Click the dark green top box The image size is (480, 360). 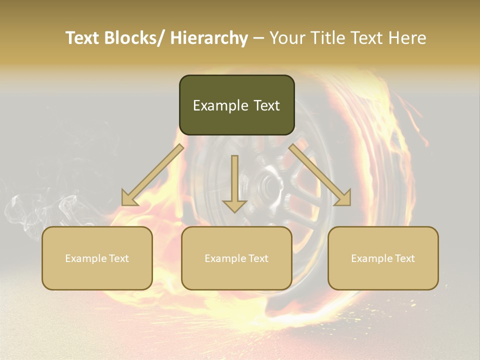tap(236, 105)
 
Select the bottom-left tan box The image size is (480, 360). tap(97, 258)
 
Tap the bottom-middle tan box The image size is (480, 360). tap(236, 258)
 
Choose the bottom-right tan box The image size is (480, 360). tap(383, 258)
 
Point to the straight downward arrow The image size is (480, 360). tap(234, 182)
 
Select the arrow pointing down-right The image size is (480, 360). tap(320, 174)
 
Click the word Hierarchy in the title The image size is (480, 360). tap(209, 38)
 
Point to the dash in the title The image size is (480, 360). tap(258, 38)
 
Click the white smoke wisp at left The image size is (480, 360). tap(30, 210)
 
